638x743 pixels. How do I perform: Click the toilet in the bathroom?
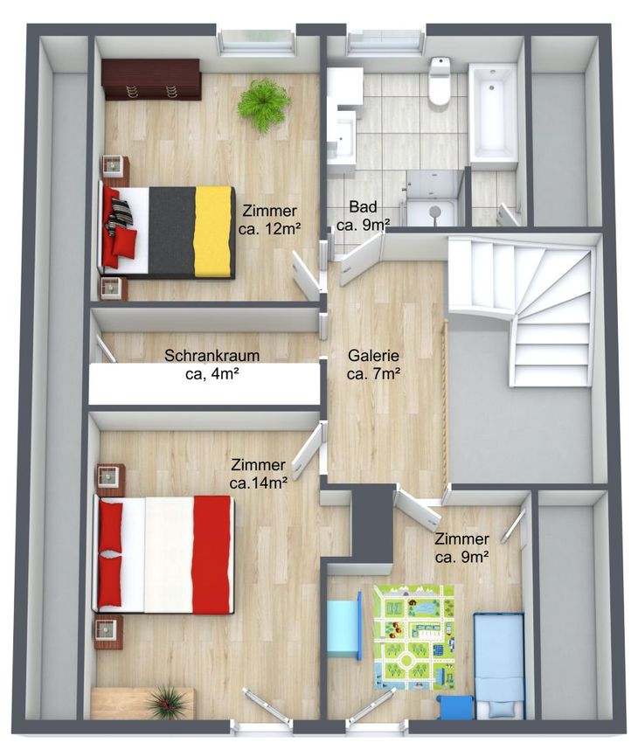[439, 81]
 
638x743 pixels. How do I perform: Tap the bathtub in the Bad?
[493, 113]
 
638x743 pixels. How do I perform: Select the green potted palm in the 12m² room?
[264, 105]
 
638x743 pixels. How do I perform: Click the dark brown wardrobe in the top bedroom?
[151, 80]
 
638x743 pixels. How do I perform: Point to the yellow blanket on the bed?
[214, 232]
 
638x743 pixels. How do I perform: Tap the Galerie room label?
[374, 365]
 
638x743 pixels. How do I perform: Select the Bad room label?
[364, 216]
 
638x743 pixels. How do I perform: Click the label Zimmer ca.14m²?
[259, 474]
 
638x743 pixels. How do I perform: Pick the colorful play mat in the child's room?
[415, 638]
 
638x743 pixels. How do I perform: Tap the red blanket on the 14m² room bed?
[212, 555]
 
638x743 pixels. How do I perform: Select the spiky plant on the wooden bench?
[166, 702]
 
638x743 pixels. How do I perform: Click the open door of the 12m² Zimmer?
[306, 275]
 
